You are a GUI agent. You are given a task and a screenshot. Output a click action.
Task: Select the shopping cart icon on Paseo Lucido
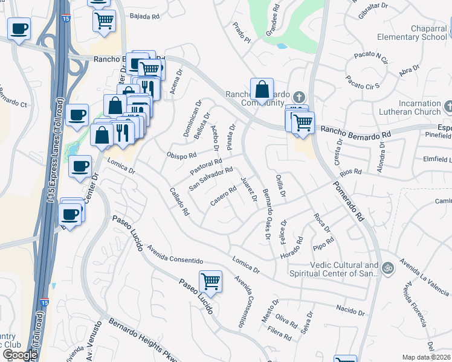[210, 281]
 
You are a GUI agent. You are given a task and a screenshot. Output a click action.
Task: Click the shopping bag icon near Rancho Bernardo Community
[262, 90]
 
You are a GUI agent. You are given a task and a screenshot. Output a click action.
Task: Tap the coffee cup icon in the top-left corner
[19, 28]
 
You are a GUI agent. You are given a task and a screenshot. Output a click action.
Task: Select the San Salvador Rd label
[211, 179]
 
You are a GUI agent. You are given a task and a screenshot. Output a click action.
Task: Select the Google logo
[20, 355]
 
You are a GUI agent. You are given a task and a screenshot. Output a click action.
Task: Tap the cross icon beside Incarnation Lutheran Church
[448, 107]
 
